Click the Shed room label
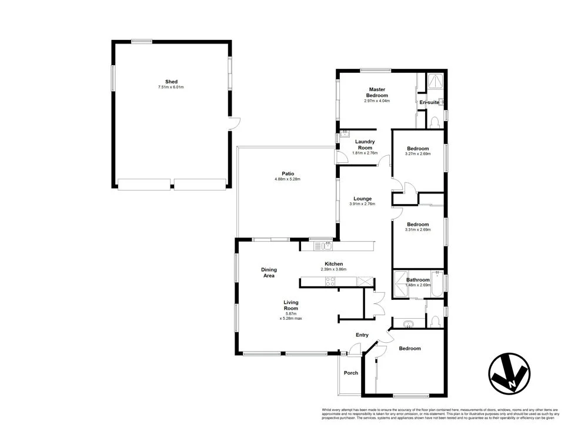(171, 82)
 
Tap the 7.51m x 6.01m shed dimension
(171, 88)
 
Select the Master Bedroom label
(377, 92)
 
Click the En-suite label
(429, 102)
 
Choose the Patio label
(288, 173)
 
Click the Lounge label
(362, 199)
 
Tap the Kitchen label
(333, 264)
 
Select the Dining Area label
(269, 273)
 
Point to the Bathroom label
(417, 280)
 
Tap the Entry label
(362, 335)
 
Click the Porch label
(351, 373)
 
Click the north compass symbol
(509, 374)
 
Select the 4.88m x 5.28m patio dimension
(288, 179)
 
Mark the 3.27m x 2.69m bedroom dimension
(417, 154)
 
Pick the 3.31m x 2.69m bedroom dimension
(417, 230)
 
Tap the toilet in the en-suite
(434, 122)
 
